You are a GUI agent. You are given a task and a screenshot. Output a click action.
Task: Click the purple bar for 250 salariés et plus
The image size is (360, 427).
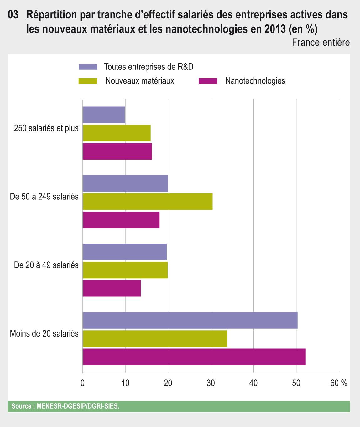104,115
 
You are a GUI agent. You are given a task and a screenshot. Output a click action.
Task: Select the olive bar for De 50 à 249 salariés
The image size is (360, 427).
148,202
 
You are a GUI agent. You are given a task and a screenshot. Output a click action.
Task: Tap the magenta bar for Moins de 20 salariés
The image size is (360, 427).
194,357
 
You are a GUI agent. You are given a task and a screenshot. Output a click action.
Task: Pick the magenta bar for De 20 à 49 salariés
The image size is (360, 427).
112,288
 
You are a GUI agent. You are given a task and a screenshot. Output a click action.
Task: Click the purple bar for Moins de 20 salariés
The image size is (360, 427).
190,320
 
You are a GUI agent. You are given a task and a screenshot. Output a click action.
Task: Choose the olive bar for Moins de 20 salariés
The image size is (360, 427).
155,338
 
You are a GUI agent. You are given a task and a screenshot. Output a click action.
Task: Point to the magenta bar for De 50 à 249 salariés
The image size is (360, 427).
121,220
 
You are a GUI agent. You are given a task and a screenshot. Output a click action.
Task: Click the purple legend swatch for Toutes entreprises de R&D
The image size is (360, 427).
88,67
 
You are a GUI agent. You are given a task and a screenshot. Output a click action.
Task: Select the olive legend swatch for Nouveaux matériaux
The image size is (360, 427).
88,81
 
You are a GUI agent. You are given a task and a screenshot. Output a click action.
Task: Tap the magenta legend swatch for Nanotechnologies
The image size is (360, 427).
208,81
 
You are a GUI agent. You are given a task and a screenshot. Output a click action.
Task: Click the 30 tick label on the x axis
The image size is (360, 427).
211,383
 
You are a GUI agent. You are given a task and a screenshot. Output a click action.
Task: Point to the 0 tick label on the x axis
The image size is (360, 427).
83,383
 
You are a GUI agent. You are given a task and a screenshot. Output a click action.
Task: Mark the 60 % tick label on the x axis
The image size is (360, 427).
339,383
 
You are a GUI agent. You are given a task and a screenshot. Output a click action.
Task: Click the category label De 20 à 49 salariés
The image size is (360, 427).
46,265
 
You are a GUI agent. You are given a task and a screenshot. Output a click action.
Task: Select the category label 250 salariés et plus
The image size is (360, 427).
46,128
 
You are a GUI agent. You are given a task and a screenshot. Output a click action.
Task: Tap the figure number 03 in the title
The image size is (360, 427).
13,15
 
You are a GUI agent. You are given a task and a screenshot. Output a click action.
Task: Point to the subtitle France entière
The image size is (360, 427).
321,42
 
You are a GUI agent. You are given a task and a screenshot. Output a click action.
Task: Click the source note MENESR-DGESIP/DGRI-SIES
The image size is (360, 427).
65,406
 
